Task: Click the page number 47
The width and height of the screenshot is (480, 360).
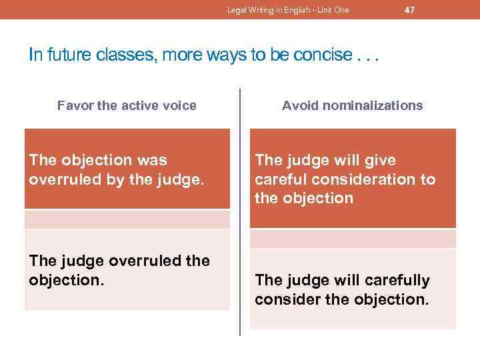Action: point(410,9)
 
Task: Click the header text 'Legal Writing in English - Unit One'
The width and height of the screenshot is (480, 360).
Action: point(288,10)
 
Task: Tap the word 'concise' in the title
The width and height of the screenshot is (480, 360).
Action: point(320,55)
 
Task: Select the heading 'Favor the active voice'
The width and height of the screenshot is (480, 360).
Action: point(127,105)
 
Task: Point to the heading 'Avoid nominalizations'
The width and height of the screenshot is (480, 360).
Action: point(352,105)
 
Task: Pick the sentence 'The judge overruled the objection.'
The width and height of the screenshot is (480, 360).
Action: point(119,269)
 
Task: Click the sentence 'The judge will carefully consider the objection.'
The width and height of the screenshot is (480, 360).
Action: point(342,289)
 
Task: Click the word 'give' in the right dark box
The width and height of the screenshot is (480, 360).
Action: point(381,160)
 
